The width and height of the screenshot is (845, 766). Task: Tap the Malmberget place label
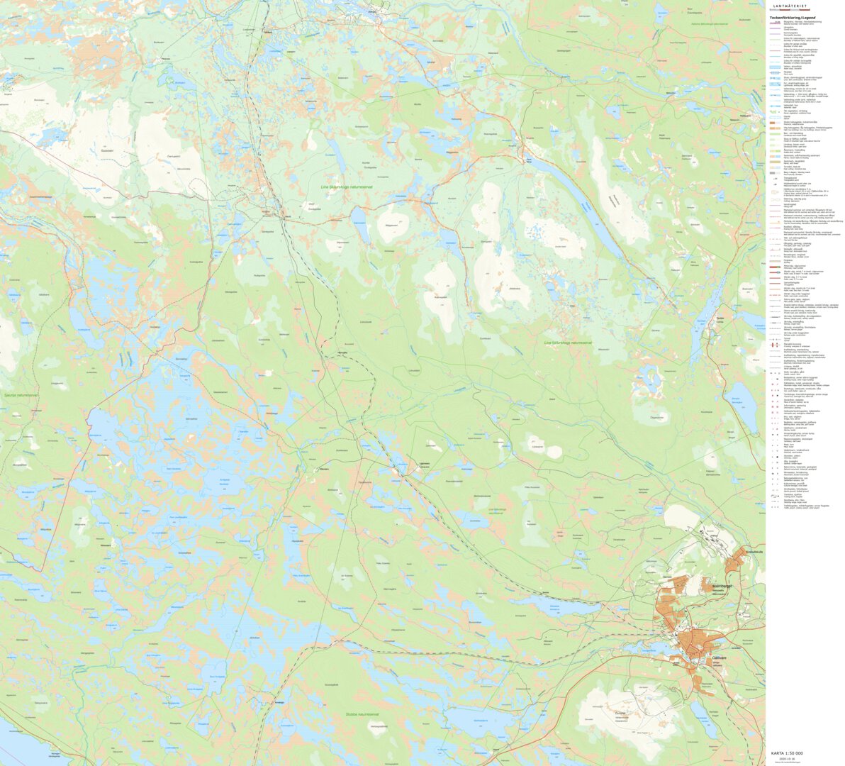[720, 587]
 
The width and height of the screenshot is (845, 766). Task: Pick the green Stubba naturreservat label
[362, 714]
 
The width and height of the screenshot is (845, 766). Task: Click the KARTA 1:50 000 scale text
[787, 753]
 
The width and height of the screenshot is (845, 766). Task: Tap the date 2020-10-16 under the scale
[787, 758]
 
